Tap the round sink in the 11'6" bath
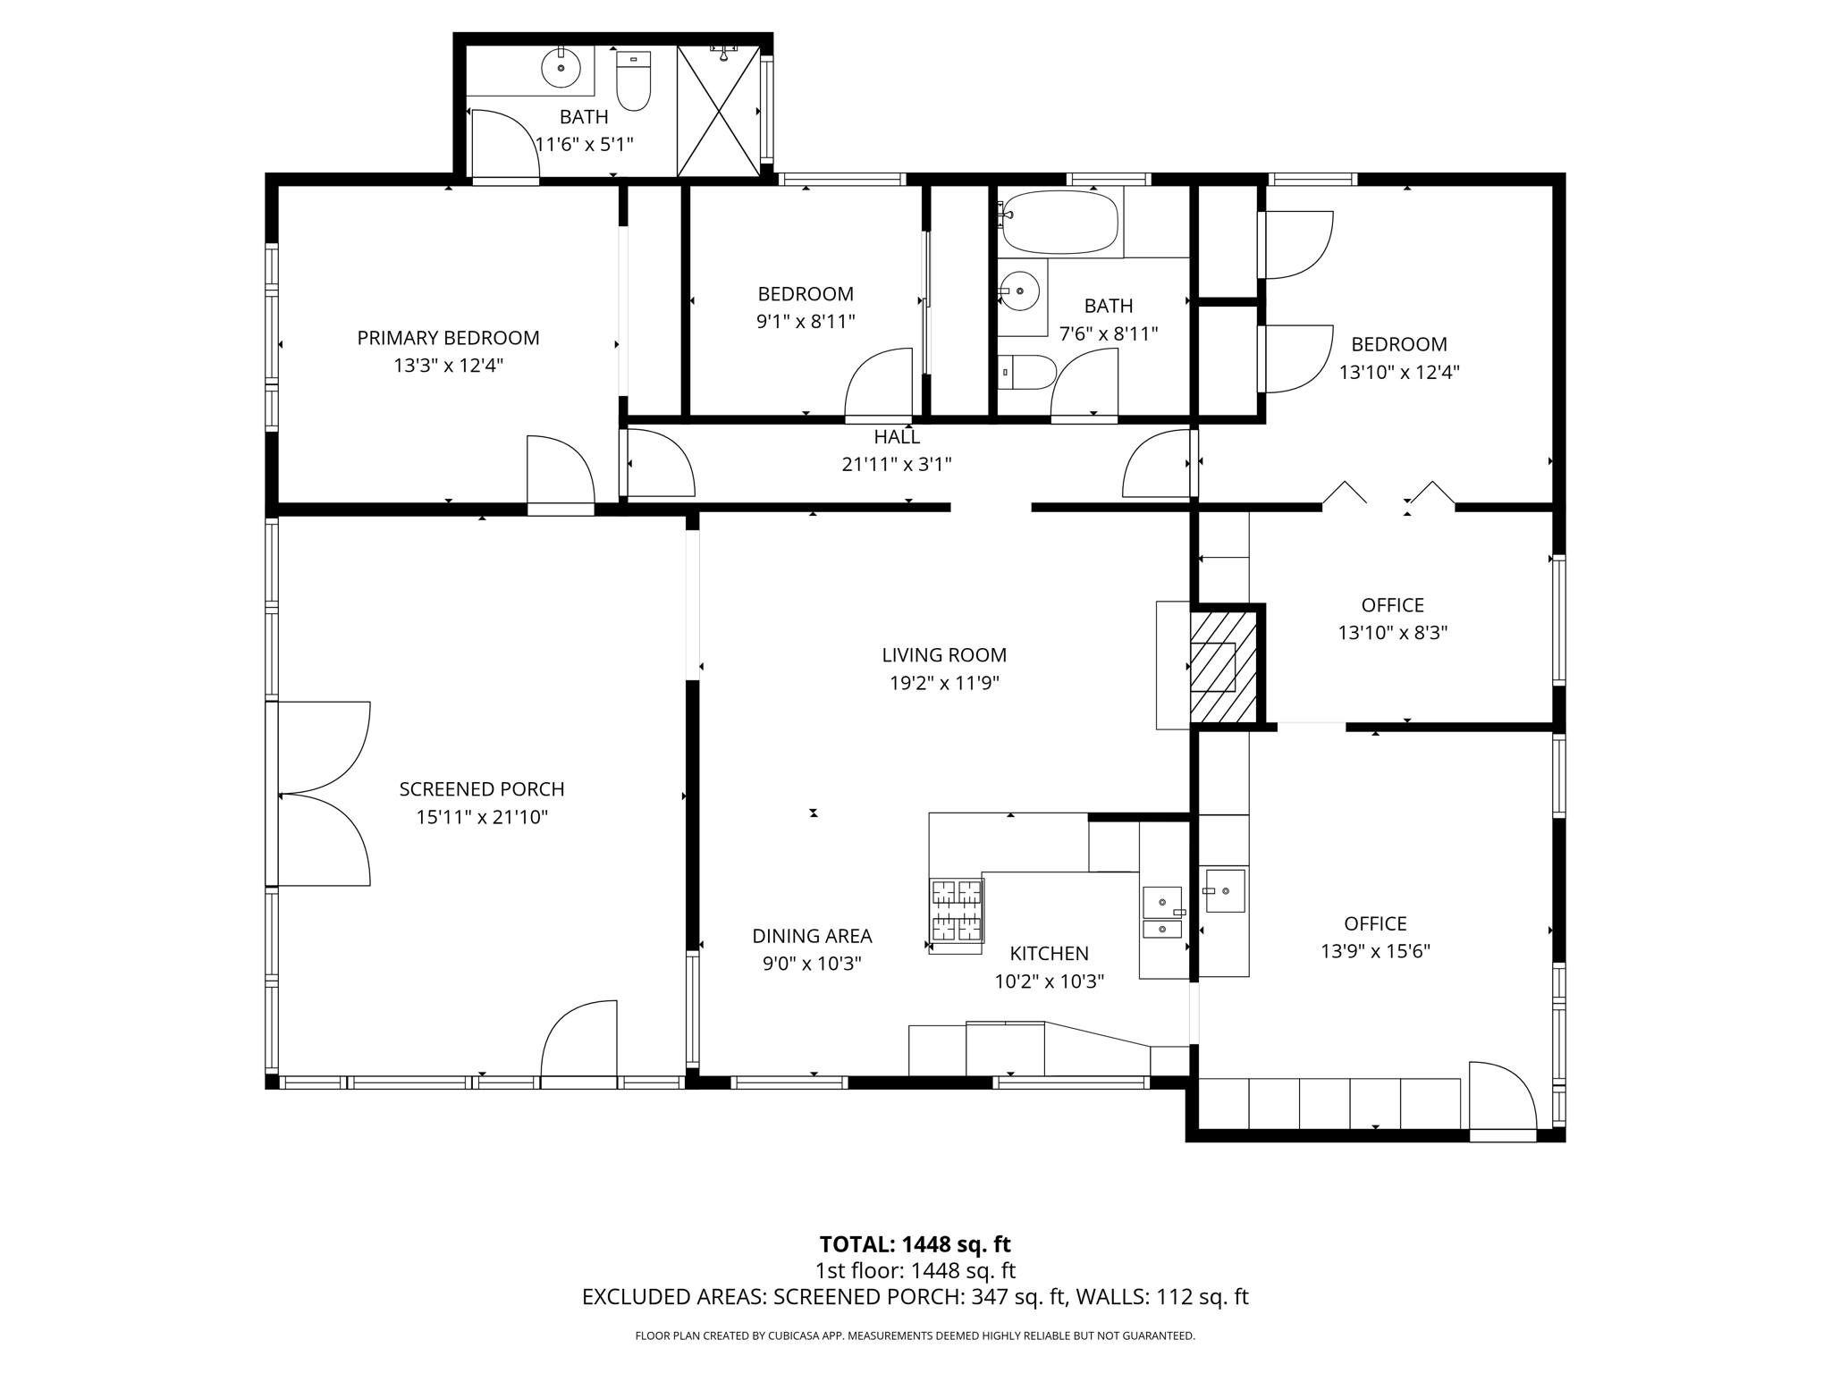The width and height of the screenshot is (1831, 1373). (561, 67)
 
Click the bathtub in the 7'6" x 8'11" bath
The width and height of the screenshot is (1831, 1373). (1060, 221)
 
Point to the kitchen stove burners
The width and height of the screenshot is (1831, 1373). (956, 910)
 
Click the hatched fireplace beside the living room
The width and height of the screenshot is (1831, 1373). (1222, 666)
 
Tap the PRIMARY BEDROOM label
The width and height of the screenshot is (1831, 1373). (448, 338)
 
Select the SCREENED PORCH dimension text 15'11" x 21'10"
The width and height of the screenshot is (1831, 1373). (482, 817)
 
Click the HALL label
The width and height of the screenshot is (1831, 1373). (897, 437)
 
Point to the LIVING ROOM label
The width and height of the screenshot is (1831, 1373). (944, 655)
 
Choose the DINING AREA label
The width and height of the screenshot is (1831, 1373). (812, 936)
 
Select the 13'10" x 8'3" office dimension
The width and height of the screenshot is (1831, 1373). (1392, 633)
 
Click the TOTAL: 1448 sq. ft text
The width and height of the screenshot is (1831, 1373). (915, 1244)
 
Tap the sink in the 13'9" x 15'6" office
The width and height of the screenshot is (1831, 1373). (1223, 890)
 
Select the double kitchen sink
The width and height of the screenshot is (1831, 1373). (1163, 913)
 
